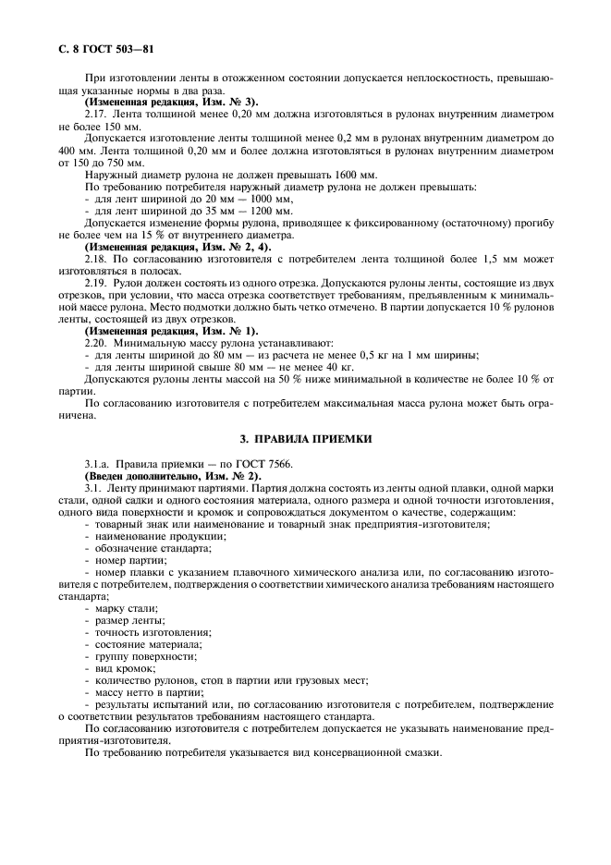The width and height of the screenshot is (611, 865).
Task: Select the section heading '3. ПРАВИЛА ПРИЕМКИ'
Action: [x=306, y=438]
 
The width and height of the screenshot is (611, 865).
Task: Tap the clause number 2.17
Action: [x=95, y=113]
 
